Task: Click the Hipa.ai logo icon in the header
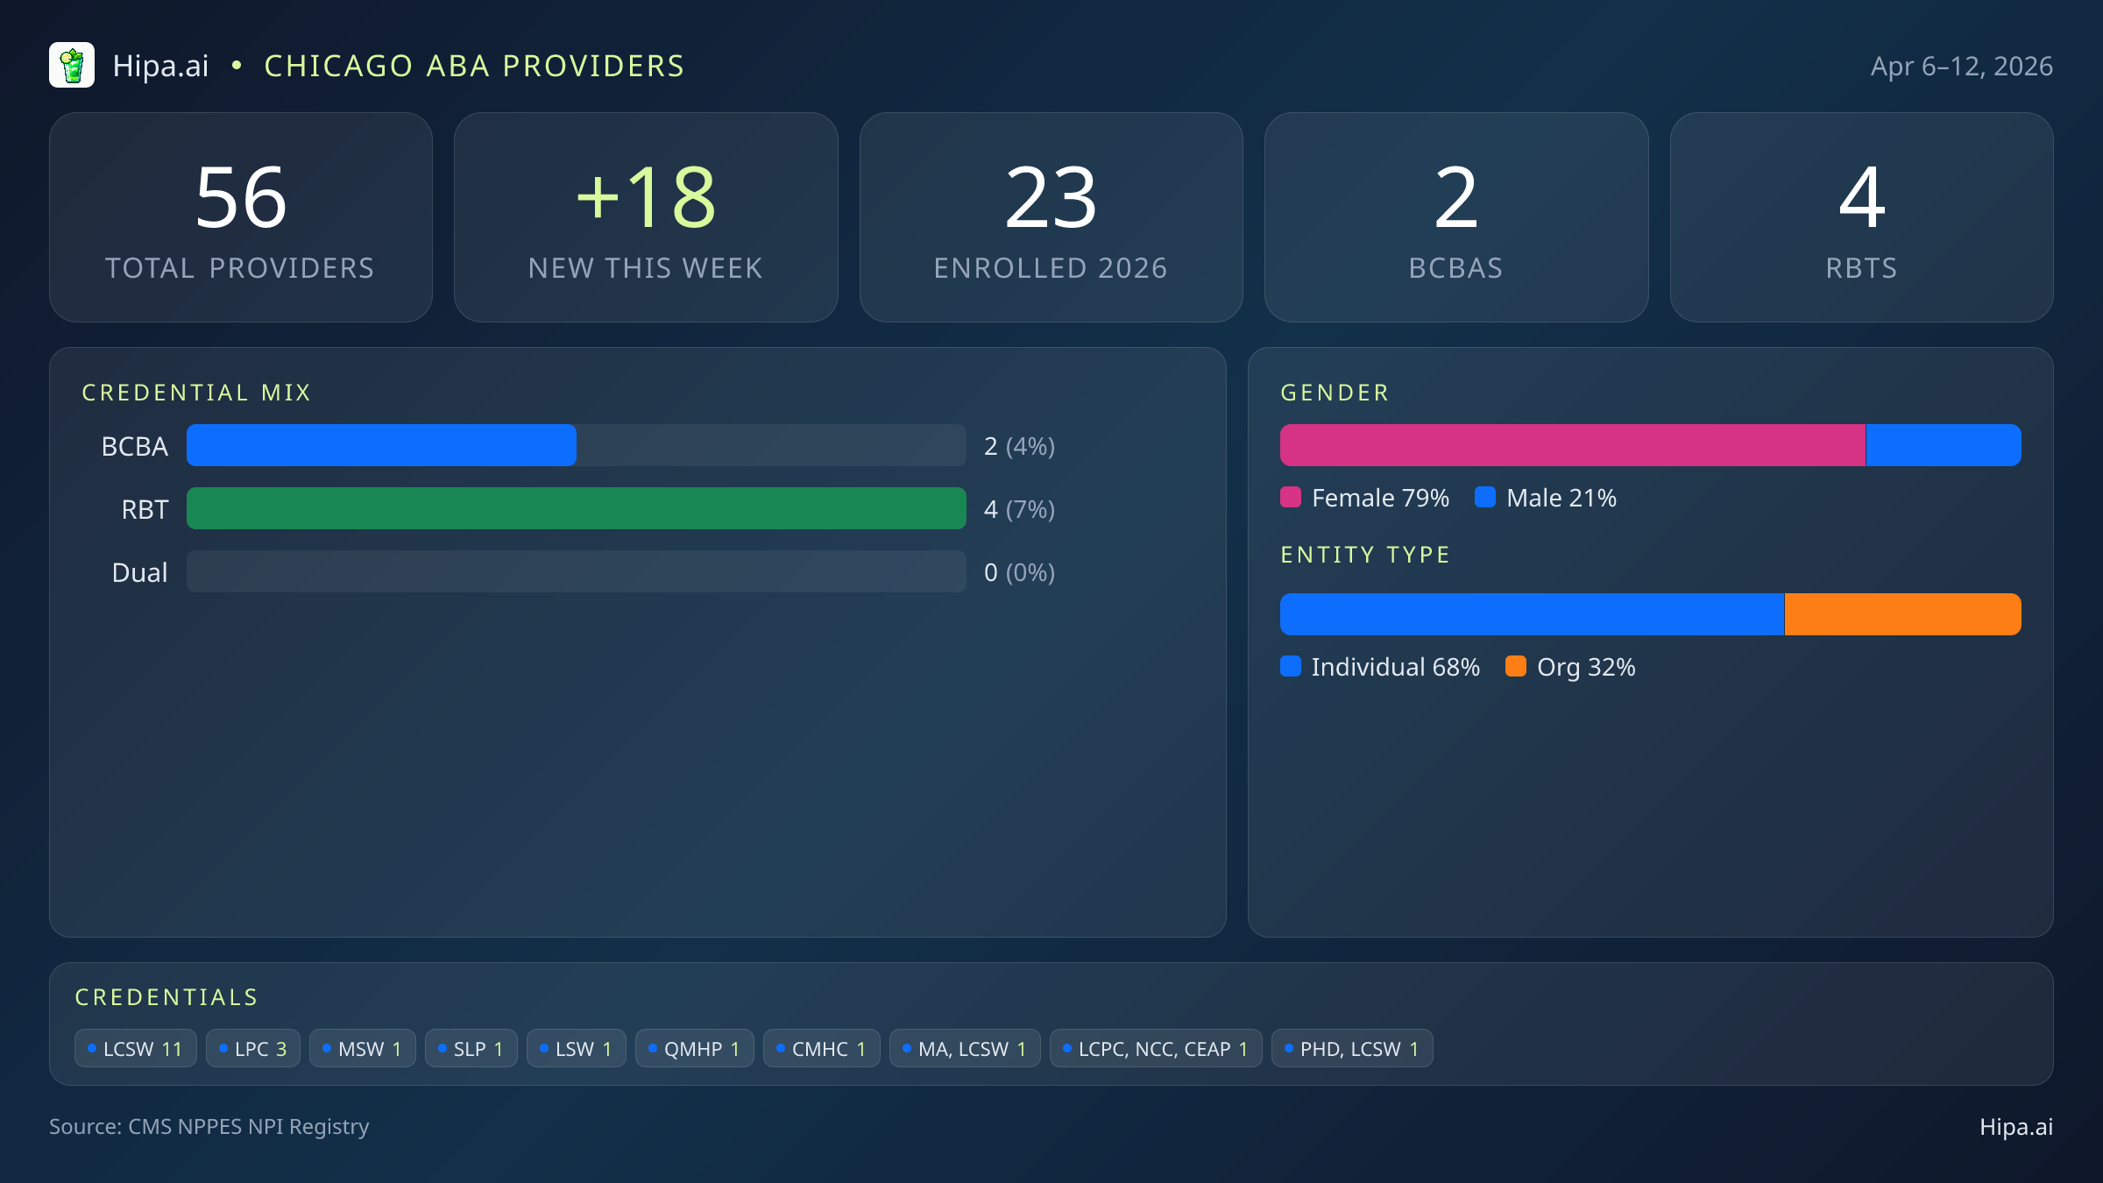click(x=72, y=66)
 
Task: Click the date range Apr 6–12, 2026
click(x=1961, y=67)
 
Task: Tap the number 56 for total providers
click(x=241, y=199)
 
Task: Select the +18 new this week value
click(x=646, y=199)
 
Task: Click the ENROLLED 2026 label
click(x=1051, y=268)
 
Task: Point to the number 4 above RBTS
click(x=1861, y=199)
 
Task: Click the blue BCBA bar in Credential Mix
click(x=381, y=445)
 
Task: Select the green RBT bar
click(x=576, y=508)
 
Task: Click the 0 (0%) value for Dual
click(x=1019, y=572)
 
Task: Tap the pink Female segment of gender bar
click(x=1572, y=445)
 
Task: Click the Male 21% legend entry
click(x=1547, y=498)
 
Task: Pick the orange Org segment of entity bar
click(x=1902, y=614)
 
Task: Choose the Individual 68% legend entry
click(x=1380, y=667)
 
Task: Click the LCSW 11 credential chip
click(x=136, y=1049)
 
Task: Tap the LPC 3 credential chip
click(x=253, y=1049)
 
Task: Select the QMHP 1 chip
click(x=694, y=1049)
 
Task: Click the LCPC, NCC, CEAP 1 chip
click(x=1156, y=1049)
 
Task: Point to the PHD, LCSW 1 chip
click(x=1352, y=1049)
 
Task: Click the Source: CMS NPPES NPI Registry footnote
click(x=209, y=1127)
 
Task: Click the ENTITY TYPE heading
click(x=1364, y=555)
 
